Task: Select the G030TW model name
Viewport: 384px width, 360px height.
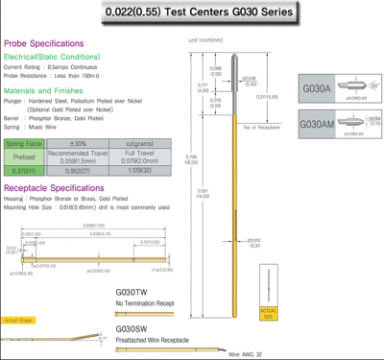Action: click(132, 292)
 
